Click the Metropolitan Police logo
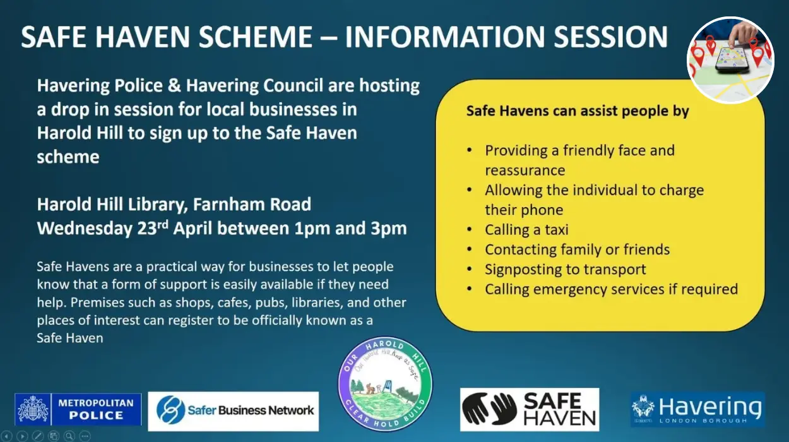click(78, 409)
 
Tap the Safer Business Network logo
click(234, 410)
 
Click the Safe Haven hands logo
click(529, 409)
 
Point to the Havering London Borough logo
click(697, 409)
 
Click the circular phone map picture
click(730, 60)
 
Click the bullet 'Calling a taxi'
click(526, 229)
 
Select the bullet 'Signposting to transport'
click(565, 269)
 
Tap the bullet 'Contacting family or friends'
click(577, 249)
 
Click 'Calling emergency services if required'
click(611, 289)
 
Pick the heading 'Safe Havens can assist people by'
click(578, 111)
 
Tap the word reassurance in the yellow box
click(525, 170)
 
